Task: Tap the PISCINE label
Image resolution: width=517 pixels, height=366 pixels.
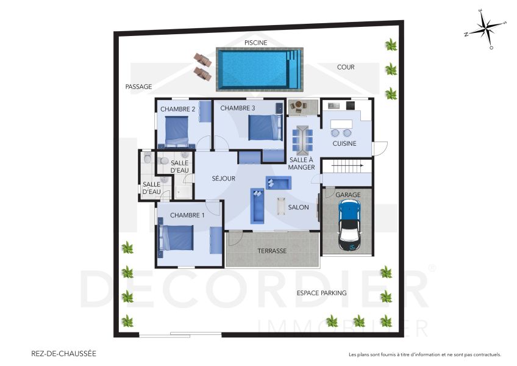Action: pos(255,43)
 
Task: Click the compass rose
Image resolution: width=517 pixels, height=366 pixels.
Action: pos(485,30)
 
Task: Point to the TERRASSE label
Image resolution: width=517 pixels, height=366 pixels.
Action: pos(272,251)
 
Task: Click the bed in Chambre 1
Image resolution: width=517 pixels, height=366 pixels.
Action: pos(177,238)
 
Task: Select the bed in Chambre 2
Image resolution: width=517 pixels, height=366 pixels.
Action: pos(174,131)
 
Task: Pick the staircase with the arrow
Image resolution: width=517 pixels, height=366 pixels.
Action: pos(346,166)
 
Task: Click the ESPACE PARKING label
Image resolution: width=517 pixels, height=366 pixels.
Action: pos(321,293)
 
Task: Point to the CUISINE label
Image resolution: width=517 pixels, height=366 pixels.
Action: pos(344,143)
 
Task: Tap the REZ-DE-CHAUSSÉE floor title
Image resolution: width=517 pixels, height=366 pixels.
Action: pos(63,353)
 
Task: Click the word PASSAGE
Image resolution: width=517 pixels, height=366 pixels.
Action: pos(138,87)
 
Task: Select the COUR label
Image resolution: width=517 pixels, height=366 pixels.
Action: pos(346,67)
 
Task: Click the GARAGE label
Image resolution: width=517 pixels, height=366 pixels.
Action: pos(348,195)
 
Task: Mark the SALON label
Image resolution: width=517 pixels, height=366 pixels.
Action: pos(299,207)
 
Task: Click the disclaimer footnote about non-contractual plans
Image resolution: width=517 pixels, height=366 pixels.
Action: pos(424,354)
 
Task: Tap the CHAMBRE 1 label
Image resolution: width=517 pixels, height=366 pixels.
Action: pos(187,215)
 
